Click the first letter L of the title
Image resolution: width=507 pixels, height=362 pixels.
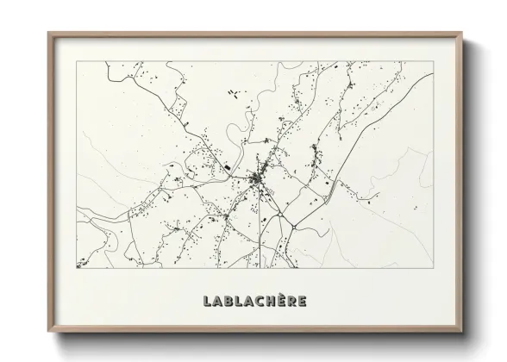point(207,302)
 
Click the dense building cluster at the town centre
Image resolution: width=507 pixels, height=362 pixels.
point(258,179)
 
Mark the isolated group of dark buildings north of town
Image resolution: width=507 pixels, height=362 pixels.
point(232,92)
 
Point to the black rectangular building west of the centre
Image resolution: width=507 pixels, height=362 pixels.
point(225,167)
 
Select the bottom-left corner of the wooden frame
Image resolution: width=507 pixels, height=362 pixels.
point(48,334)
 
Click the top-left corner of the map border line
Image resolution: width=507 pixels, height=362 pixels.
point(77,62)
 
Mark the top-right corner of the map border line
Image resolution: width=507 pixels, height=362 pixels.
point(433,62)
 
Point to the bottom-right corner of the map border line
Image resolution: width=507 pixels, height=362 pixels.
point(433,268)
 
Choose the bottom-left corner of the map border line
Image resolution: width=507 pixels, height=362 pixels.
point(77,268)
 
